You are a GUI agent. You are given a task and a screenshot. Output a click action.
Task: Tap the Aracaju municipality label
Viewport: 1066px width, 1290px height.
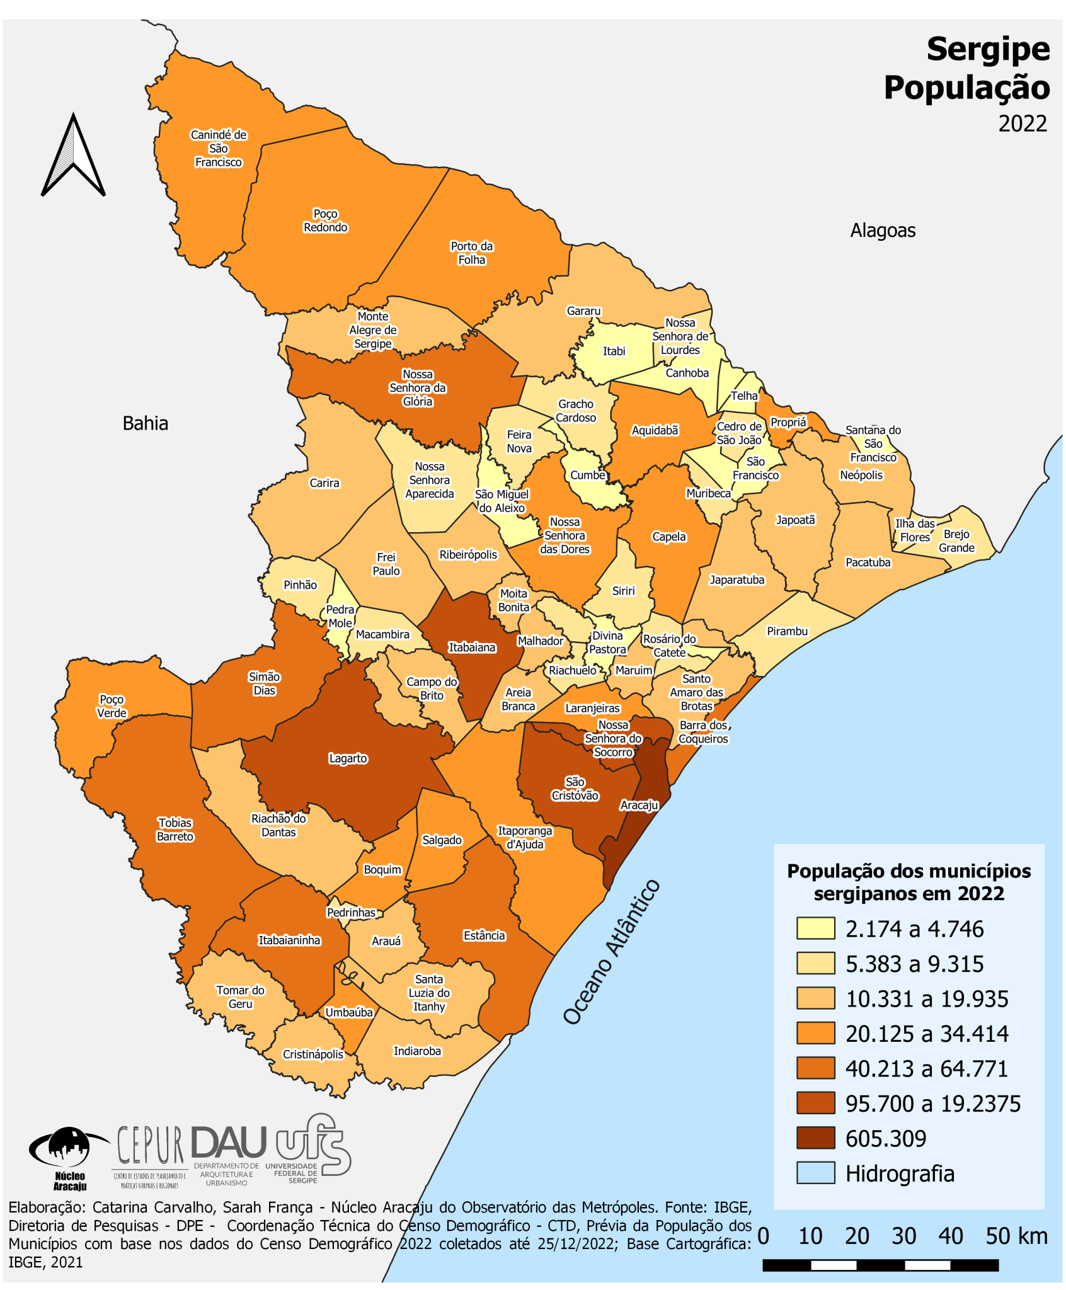click(x=639, y=805)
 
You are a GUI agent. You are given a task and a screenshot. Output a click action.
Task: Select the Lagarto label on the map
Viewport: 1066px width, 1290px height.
click(x=348, y=758)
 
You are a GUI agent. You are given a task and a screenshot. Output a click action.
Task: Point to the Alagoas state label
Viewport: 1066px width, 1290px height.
click(x=883, y=231)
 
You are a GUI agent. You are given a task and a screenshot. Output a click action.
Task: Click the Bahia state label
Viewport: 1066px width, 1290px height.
click(x=145, y=423)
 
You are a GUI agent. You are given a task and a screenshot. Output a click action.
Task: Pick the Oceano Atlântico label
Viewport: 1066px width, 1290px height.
click(x=611, y=951)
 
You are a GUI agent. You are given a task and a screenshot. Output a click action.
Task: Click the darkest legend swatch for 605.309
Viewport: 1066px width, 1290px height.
click(x=815, y=1138)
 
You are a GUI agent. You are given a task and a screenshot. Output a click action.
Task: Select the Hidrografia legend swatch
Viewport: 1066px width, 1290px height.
click(x=815, y=1173)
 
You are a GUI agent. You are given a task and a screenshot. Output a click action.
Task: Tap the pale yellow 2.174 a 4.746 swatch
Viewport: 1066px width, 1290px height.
click(x=815, y=928)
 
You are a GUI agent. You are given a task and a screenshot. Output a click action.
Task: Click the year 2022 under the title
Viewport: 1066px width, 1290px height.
click(x=1022, y=123)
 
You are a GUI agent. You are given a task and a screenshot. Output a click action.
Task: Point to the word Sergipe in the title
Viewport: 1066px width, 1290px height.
click(x=987, y=49)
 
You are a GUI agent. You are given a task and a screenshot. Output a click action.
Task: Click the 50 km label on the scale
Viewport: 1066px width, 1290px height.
click(x=1016, y=1236)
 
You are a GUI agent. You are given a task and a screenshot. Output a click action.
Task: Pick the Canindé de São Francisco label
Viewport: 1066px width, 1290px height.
click(x=219, y=149)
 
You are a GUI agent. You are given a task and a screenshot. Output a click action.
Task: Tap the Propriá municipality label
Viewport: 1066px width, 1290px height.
click(x=788, y=422)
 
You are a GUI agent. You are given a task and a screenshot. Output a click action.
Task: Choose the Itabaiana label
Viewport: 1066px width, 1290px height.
click(x=472, y=647)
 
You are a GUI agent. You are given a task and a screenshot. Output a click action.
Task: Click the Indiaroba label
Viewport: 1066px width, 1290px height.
click(x=417, y=1051)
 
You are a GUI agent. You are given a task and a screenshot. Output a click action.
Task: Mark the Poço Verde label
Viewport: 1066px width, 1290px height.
click(x=112, y=706)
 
